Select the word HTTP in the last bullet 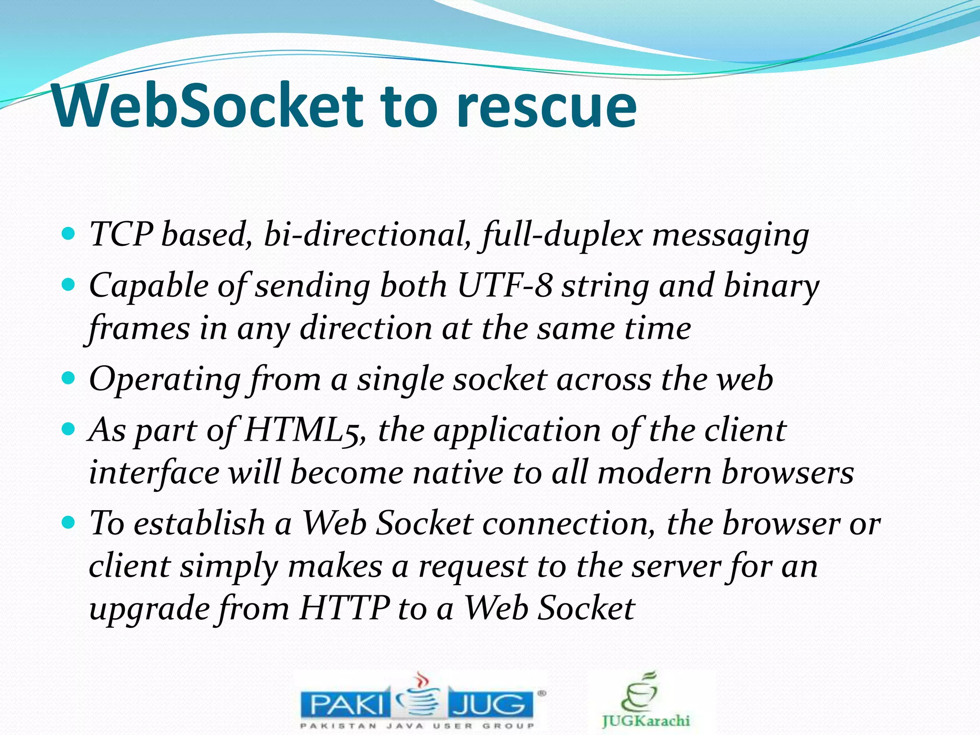pyautogui.click(x=345, y=609)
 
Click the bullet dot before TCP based pyautogui.click(x=69, y=234)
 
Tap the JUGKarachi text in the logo pyautogui.click(x=646, y=721)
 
